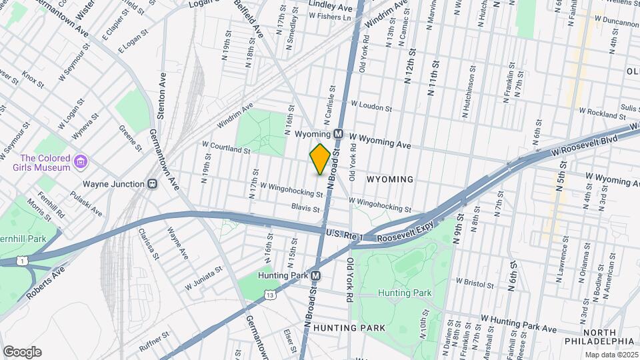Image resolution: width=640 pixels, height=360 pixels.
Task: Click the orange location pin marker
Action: coord(320,159)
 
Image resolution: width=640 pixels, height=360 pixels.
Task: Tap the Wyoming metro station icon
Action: coord(338,133)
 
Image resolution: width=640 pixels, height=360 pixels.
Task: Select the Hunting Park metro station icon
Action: coord(317,275)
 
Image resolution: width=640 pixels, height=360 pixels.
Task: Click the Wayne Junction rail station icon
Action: coord(152,184)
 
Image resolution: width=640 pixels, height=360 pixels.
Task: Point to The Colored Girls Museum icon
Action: coord(81,162)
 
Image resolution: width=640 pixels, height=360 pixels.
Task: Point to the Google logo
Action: coord(22,352)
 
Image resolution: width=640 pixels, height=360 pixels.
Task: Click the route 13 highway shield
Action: coord(269,294)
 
